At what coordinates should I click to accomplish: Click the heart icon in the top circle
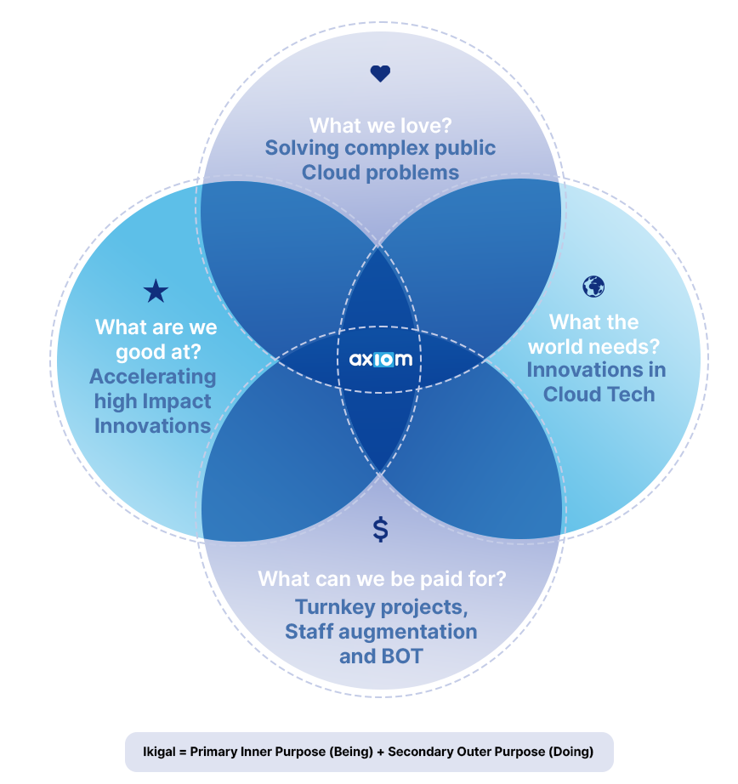pos(380,74)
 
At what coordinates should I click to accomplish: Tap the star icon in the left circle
pos(156,292)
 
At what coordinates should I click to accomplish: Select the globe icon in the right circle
pos(593,287)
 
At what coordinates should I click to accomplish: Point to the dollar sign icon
pos(380,529)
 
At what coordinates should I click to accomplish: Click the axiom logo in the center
pos(381,359)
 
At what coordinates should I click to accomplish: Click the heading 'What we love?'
pos(380,126)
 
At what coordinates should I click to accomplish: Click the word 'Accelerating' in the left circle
pos(153,377)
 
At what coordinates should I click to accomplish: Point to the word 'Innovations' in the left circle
pos(152,425)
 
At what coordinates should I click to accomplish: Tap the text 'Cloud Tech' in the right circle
pos(599,395)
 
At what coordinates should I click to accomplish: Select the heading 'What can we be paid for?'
pos(382,579)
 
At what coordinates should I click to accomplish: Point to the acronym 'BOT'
pos(401,656)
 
